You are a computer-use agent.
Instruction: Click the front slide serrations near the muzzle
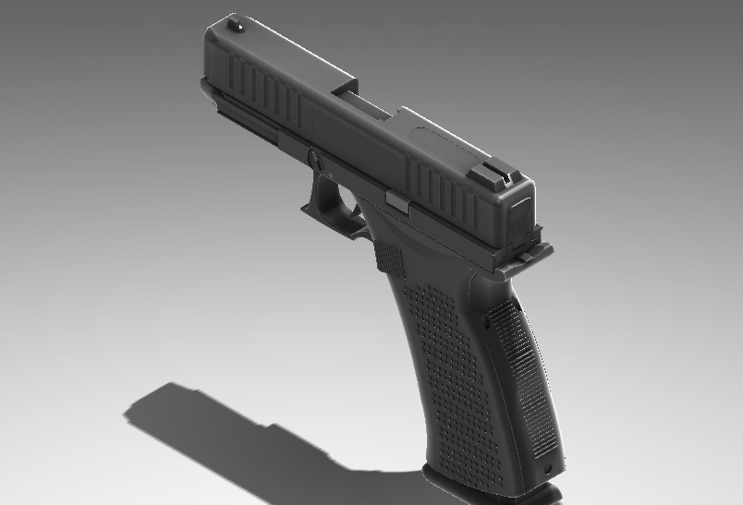click(x=263, y=92)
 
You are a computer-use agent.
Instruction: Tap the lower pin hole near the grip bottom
click(x=552, y=469)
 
